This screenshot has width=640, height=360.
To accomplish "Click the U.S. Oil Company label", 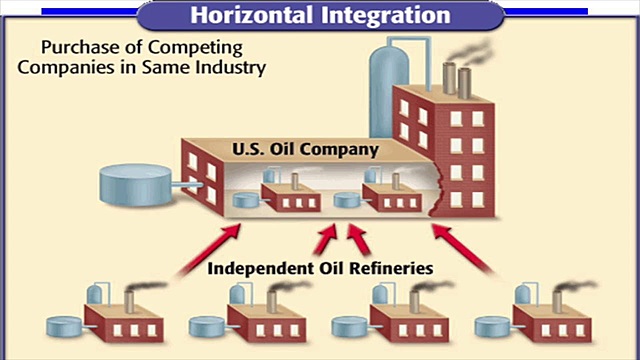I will point(290,150).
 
